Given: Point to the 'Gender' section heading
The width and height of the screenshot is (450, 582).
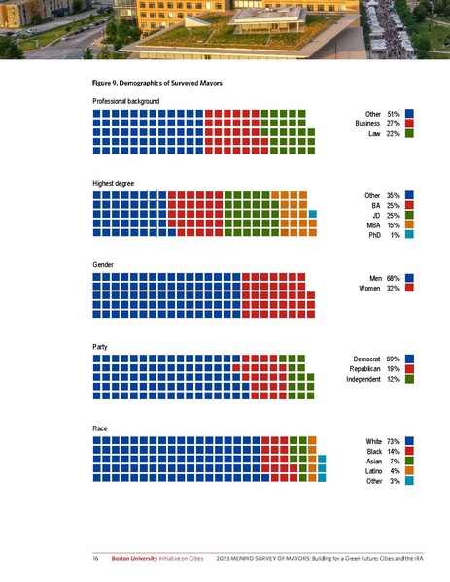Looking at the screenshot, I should pyautogui.click(x=104, y=265).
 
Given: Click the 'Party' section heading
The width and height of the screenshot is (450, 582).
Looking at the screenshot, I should pyautogui.click(x=100, y=347).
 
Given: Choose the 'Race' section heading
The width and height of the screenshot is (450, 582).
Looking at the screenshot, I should pyautogui.click(x=100, y=428).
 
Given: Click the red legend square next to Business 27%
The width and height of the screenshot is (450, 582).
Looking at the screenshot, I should pyautogui.click(x=410, y=124).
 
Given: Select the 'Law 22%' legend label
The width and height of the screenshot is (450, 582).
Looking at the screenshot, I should pyautogui.click(x=384, y=135).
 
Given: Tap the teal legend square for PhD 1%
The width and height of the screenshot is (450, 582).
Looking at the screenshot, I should pyautogui.click(x=410, y=236).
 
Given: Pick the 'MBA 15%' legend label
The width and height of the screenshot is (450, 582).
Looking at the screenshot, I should pyautogui.click(x=383, y=225).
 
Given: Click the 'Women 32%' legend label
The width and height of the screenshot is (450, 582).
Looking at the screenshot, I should pyautogui.click(x=380, y=289).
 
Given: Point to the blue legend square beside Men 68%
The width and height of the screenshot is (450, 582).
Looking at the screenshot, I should pyautogui.click(x=410, y=278).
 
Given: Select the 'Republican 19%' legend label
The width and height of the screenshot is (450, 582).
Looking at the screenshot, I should pyautogui.click(x=374, y=369).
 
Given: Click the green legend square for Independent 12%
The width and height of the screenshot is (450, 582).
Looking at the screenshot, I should pyautogui.click(x=410, y=380).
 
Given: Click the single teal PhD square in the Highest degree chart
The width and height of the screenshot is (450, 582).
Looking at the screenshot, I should pyautogui.click(x=313, y=214).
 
